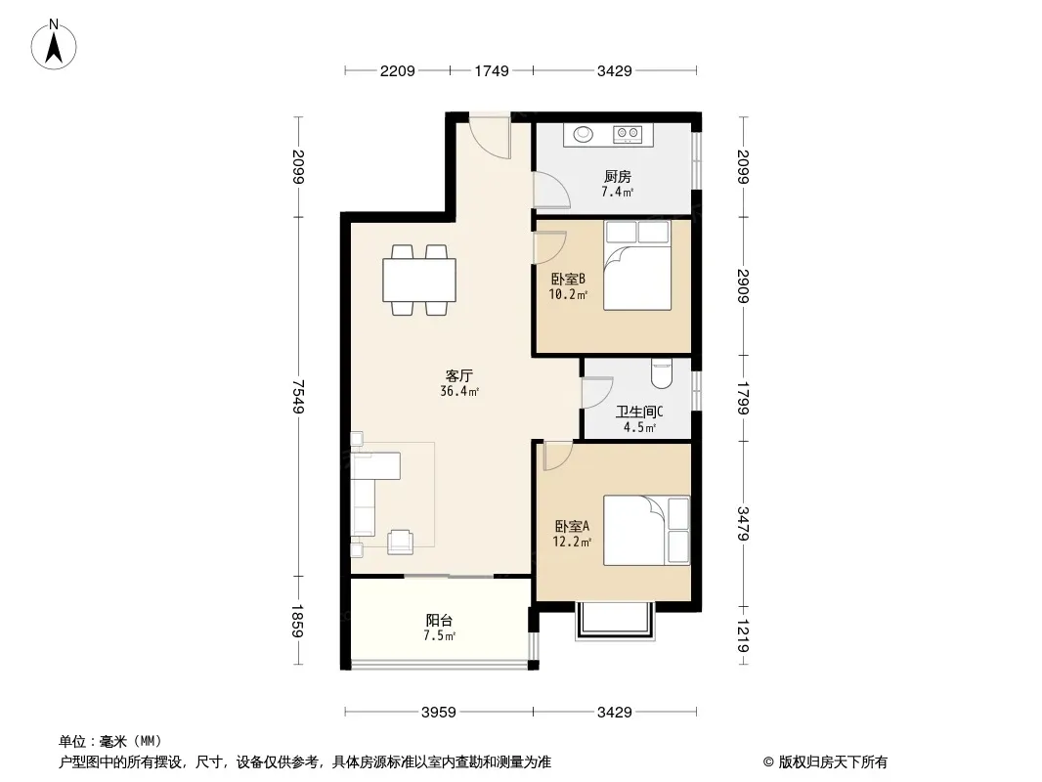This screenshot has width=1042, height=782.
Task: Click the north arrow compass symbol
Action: pos(54,45)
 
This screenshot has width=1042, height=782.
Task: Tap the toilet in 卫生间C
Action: pos(662,373)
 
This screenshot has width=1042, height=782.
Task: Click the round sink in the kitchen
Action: pos(583,134)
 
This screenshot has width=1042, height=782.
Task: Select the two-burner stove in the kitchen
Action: pos(628,134)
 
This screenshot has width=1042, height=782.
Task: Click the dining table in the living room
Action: pos(418,280)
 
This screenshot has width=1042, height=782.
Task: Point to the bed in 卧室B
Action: pos(637,265)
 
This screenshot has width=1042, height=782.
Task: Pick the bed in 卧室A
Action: pos(646,530)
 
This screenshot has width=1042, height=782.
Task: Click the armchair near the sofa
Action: pos(400,542)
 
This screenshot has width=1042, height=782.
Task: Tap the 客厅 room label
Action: pos(459,375)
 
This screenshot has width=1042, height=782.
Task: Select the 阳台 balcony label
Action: pos(439,620)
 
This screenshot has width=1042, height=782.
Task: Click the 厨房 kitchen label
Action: pos(618,176)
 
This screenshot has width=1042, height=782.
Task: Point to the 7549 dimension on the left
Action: pos(298,396)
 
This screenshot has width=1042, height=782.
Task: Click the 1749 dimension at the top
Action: pos(491,70)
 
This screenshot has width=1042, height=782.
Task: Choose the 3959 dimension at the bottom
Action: pos(439,713)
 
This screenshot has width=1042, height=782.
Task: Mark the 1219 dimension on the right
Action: pos(744,635)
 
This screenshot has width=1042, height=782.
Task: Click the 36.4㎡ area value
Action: pos(459,391)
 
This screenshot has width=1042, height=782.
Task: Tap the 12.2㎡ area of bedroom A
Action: pos(572,542)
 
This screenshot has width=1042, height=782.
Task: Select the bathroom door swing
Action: pos(597,393)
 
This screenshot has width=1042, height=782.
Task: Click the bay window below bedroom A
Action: pos(615,622)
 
